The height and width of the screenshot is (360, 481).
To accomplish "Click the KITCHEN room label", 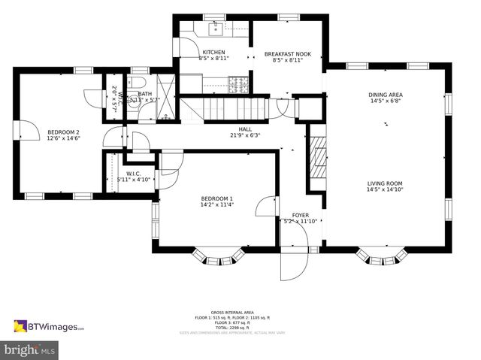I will [x=213, y=52].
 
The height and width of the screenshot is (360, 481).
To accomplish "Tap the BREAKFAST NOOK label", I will [x=287, y=54].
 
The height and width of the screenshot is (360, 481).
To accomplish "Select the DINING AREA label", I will [x=384, y=95].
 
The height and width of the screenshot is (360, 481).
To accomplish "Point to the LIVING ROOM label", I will [x=385, y=183].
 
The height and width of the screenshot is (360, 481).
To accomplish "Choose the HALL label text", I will [x=245, y=129].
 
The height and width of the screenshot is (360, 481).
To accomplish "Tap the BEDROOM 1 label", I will [x=216, y=198].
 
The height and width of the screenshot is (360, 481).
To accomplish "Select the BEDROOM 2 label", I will [x=63, y=132].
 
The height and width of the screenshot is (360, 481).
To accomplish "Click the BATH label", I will [x=144, y=93].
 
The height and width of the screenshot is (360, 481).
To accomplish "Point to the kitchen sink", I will [x=213, y=29].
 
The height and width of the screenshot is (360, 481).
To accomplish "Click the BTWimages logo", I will [x=49, y=326].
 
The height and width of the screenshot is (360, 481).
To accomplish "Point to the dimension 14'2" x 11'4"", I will [x=216, y=204].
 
